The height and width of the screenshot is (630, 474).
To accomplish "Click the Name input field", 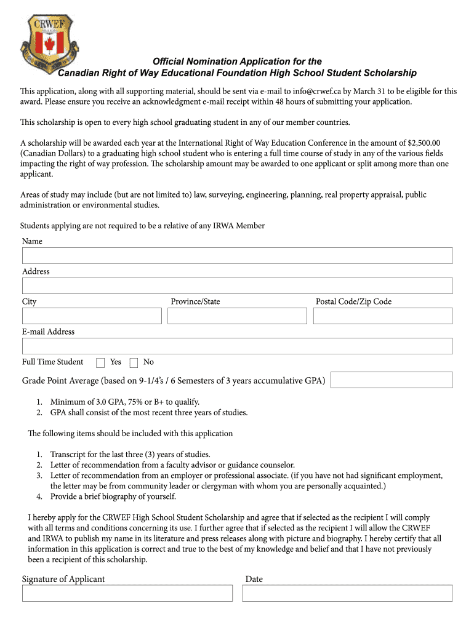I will point(237,255).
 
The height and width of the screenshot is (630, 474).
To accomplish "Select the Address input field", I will point(237,285).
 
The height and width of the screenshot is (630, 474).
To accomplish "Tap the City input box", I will point(92,316).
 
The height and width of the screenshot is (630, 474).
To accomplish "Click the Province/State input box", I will point(237,316).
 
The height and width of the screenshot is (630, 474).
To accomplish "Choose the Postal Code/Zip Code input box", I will point(382,316).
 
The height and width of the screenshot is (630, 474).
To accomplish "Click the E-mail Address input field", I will point(237,346).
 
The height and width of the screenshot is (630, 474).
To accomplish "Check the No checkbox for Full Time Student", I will point(134,362).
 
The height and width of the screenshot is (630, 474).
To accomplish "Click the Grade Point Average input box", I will point(392,380).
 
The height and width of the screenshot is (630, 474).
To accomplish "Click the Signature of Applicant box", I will point(127,593).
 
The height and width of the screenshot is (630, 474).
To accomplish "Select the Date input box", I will point(347,593).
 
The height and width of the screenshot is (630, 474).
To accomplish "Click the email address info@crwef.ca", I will point(317,91).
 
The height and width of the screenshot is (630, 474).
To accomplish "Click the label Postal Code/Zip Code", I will point(353,301).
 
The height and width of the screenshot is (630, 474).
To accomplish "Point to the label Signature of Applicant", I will point(63,579).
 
